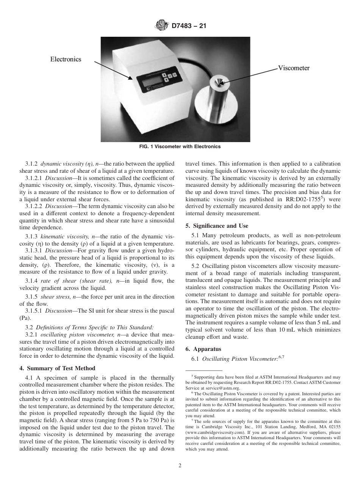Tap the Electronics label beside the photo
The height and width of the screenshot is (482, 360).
[x=66, y=59]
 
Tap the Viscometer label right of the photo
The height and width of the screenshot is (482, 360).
[x=294, y=68]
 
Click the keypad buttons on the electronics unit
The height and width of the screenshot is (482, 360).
[x=169, y=75]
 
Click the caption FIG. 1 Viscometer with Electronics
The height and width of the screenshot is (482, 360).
[x=180, y=147]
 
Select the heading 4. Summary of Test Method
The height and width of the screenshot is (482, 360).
[x=57, y=368]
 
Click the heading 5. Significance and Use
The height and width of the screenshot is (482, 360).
[x=217, y=226]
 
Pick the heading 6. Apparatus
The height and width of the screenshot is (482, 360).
[x=203, y=349]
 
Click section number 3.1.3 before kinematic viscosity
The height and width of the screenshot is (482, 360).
[x=32, y=236]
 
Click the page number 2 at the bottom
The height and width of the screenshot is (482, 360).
[x=180, y=466]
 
